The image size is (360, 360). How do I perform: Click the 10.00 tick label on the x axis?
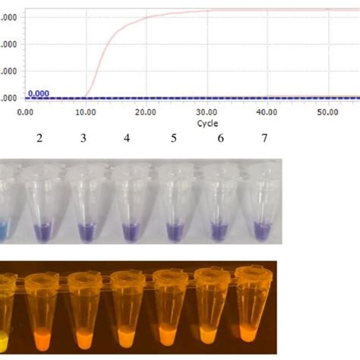tap(85, 112)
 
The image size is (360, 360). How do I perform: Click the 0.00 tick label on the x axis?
tap(27, 112)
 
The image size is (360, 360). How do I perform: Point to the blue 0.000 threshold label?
tap(39, 93)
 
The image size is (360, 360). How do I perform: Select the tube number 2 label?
tap(37, 137)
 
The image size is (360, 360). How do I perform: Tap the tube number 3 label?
tap(84, 137)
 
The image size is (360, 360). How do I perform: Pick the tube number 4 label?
tap(128, 137)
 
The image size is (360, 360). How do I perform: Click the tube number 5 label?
tap(174, 137)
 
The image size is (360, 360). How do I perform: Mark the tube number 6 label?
tap(220, 137)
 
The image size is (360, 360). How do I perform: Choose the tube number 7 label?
tap(264, 137)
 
